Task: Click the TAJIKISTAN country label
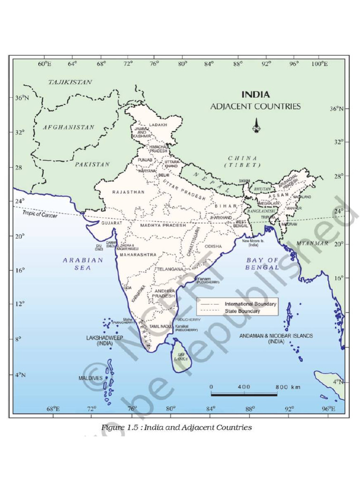70,82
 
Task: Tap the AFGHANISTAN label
69,127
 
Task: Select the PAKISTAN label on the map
92,165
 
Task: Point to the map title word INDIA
255,95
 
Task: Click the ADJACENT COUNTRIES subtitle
255,106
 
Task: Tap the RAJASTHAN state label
128,192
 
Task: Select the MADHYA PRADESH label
163,225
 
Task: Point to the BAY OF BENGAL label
262,263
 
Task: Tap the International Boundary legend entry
250,304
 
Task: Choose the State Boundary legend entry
242,311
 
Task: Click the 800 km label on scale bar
287,387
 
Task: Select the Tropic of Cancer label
40,214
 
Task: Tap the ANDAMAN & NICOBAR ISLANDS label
276,339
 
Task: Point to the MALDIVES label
90,378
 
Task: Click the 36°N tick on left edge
22,98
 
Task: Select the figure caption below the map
177,427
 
